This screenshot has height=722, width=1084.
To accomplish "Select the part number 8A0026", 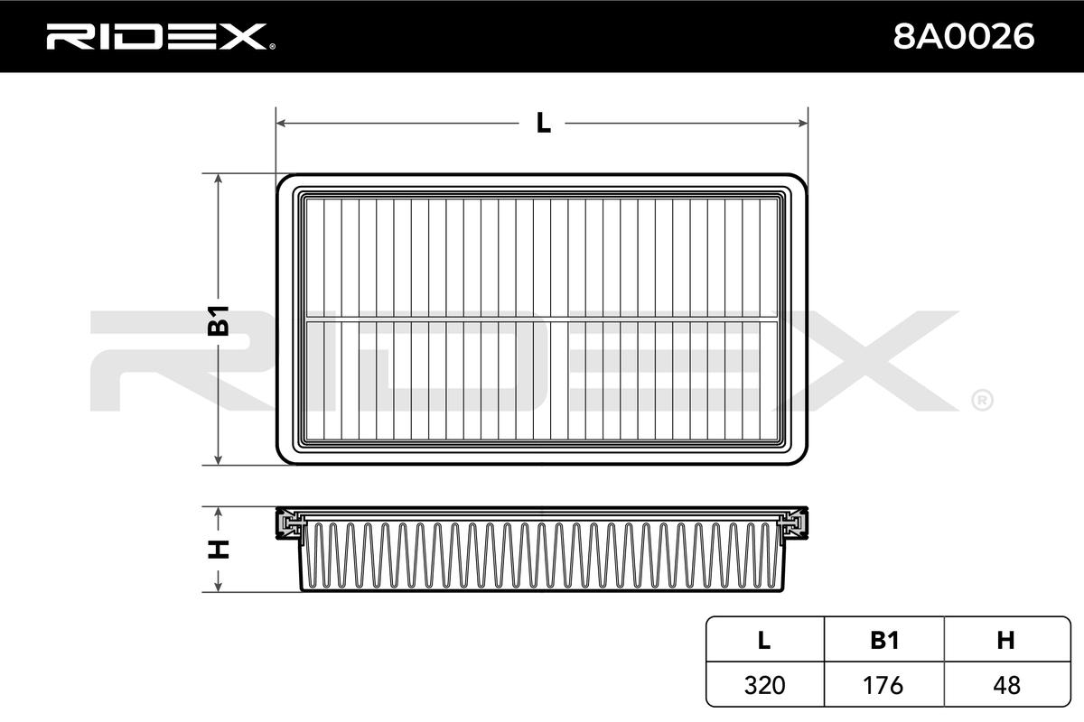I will click(x=962, y=37).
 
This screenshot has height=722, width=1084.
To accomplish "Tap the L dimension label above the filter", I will click(x=543, y=123).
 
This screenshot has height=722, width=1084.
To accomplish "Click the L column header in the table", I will click(x=764, y=641).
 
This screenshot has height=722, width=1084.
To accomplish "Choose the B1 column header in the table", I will click(x=883, y=641).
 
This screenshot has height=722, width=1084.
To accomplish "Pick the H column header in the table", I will click(x=1005, y=641).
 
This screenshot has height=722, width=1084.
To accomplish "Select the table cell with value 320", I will click(x=764, y=685).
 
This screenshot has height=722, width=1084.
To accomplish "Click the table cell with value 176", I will click(x=883, y=685).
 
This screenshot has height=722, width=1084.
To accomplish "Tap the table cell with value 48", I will click(x=1005, y=685).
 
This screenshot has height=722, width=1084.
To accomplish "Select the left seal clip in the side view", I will click(x=292, y=524).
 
